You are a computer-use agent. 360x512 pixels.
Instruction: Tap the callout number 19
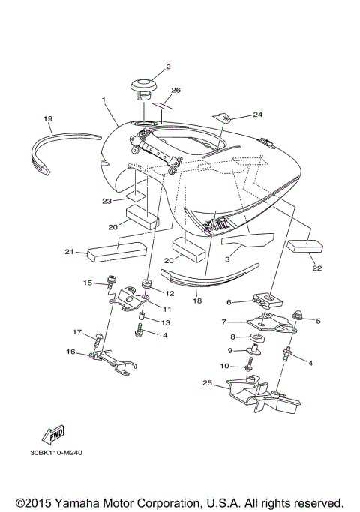[48, 118]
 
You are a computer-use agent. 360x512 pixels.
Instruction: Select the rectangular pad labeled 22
[305, 248]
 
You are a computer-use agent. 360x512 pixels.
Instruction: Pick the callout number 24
[258, 115]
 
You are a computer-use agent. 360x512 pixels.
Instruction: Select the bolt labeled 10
[250, 365]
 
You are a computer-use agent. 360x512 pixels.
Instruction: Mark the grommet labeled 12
[148, 286]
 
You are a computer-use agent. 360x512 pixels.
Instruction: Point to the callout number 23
[107, 201]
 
